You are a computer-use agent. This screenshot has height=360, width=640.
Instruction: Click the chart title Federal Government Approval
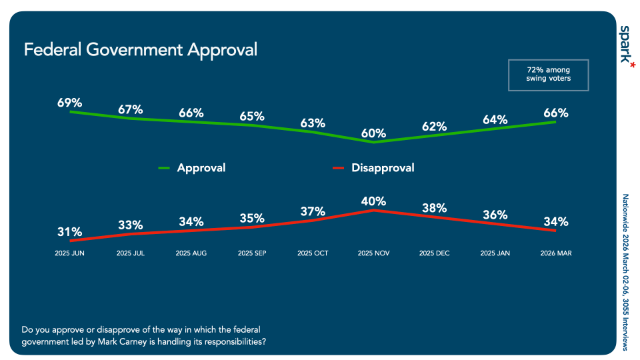140,50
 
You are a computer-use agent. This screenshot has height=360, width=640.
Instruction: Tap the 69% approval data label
69,103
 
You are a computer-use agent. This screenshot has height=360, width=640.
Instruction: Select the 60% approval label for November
373,133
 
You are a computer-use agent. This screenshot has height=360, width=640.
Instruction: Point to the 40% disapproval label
373,201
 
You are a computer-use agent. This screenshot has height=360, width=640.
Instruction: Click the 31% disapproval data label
69,232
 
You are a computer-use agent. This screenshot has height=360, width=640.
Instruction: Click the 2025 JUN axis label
69,253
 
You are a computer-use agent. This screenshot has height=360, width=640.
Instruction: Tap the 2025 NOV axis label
373,253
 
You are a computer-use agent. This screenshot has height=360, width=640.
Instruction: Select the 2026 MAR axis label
555,253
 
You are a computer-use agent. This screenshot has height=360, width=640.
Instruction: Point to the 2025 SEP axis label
252,253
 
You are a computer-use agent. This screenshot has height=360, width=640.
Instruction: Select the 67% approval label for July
130,109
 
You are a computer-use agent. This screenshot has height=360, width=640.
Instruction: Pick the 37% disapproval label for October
313,211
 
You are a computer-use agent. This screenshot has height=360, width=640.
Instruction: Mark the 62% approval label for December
434,126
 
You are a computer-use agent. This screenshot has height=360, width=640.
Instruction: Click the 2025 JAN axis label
495,253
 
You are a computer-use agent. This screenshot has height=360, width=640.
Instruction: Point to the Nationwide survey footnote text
625,272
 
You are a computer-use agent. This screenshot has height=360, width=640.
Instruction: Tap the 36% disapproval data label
495,215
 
